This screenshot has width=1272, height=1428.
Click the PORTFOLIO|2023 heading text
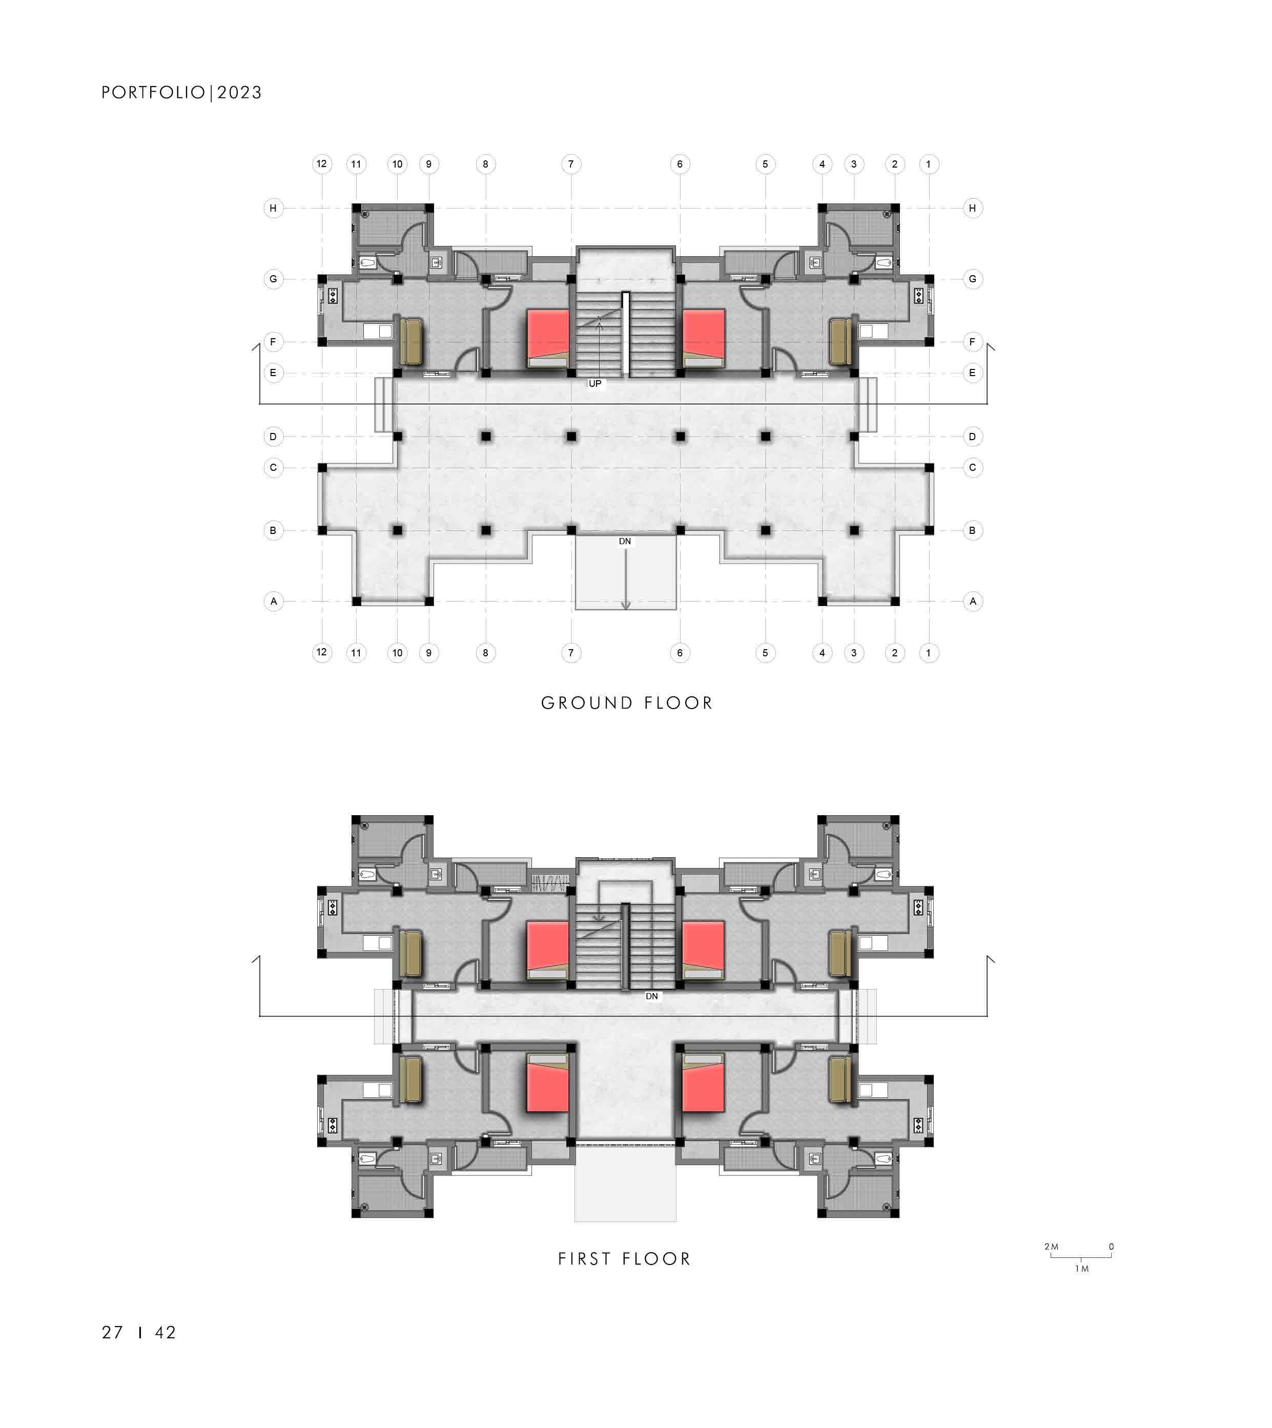182,93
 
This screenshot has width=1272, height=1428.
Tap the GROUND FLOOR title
627,703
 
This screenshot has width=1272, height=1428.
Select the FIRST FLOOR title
625,1259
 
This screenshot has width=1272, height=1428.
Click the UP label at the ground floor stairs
595,384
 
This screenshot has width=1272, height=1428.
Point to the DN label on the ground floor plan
625,542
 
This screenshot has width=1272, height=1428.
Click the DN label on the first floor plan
652,996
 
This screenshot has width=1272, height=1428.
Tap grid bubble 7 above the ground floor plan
571,164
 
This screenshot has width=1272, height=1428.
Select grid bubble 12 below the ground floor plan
321,653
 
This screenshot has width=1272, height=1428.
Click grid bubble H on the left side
273,208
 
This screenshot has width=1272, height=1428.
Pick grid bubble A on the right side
973,601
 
